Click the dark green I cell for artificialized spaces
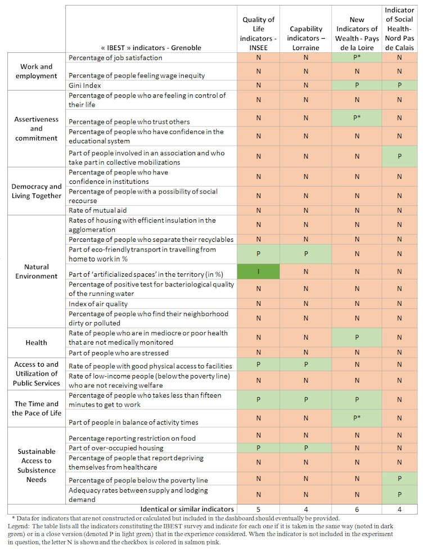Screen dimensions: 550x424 click(x=258, y=272)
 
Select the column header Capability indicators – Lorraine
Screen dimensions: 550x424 click(x=306, y=38)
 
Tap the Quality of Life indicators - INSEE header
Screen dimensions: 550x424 click(x=258, y=33)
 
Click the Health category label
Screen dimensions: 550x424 click(x=37, y=342)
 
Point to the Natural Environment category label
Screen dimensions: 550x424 click(x=37, y=271)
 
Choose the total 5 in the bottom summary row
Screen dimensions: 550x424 click(x=258, y=509)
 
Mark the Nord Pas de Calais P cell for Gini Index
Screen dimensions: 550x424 click(x=399, y=85)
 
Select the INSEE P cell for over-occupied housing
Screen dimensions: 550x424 click(x=258, y=448)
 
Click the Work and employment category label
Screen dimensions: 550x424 click(x=37, y=71)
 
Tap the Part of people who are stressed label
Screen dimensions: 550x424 click(x=118, y=353)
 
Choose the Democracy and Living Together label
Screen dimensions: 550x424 click(x=37, y=191)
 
